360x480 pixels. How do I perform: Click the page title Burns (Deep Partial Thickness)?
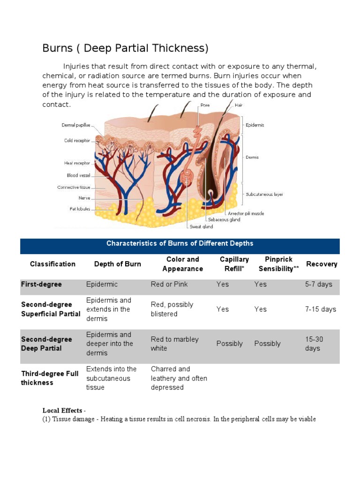pos(125,48)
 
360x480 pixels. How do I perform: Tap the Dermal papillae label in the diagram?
pos(76,125)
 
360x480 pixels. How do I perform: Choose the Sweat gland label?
pos(201,227)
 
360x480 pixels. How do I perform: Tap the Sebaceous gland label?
pos(225,219)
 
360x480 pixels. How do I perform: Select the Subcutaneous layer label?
pos(264,194)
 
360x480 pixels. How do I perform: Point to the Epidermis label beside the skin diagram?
pos(255,125)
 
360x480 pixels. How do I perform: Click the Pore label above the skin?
pos(205,105)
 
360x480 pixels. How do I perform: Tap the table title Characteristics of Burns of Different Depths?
pos(180,243)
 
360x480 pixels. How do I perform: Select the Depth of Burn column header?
pos(117,264)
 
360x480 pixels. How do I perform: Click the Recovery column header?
pos(322,264)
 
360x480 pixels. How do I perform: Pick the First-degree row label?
pos(41,285)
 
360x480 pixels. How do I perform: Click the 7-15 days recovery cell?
pos(321,309)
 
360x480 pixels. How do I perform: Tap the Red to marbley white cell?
pos(174,344)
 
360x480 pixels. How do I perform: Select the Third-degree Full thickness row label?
pos(50,378)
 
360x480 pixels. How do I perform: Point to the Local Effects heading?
pos(64,411)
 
